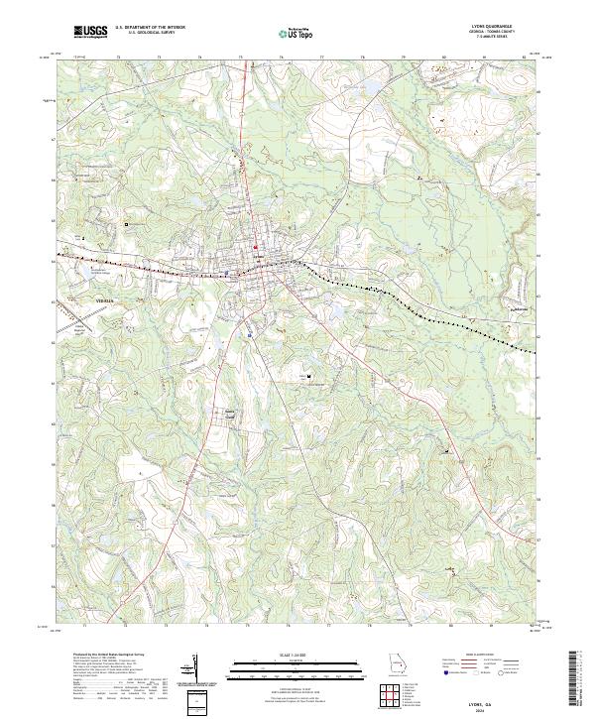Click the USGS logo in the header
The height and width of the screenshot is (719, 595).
91,33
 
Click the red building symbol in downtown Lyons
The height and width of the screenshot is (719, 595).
255,247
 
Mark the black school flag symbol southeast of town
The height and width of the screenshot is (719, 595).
309,377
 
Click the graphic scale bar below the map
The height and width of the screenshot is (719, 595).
288,667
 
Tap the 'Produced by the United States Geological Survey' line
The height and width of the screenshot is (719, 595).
109,656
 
